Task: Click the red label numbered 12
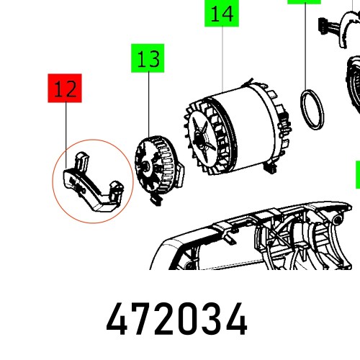[65, 89]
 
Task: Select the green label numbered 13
[148, 60]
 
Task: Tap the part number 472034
[177, 320]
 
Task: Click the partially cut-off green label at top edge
[304, 2]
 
